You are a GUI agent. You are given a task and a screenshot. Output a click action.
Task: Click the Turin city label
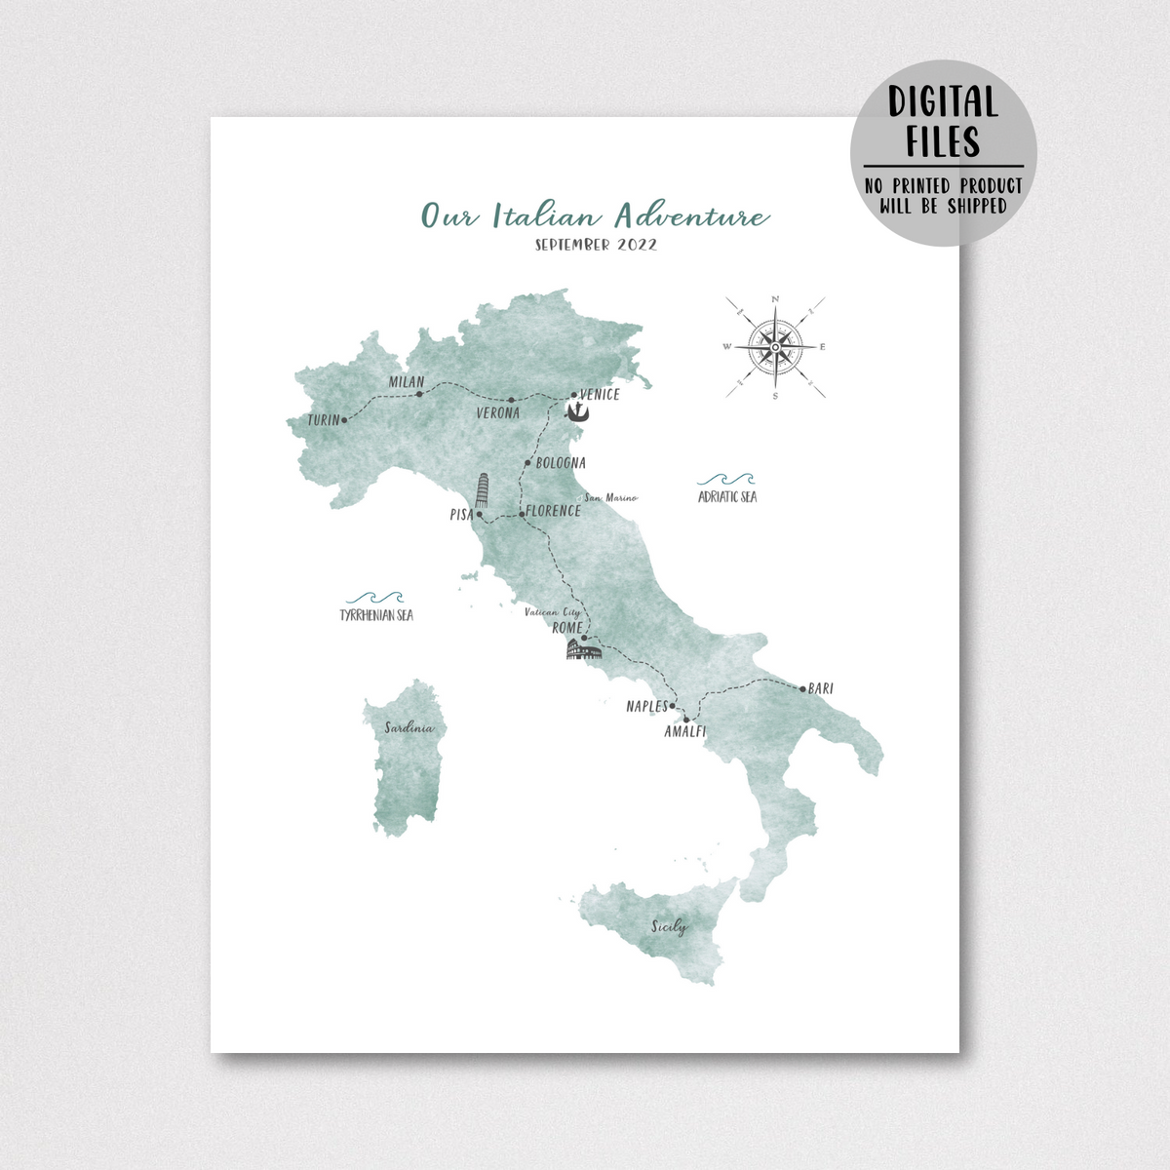tap(323, 420)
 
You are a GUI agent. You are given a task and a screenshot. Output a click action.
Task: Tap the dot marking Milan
tap(419, 395)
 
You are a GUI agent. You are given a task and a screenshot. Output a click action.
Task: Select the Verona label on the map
tap(497, 413)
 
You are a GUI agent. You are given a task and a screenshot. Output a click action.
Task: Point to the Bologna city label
tap(561, 463)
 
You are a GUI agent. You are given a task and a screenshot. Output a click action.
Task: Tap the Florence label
tap(554, 511)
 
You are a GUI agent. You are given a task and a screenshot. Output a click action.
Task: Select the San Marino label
tap(611, 498)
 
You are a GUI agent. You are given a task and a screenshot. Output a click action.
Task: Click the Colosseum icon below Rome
tap(584, 648)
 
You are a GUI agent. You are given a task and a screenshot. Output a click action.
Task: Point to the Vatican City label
tap(553, 612)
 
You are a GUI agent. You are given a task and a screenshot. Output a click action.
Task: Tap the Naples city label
tap(646, 707)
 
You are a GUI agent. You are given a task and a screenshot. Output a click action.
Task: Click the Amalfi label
tap(684, 731)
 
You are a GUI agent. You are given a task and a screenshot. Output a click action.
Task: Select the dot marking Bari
tap(802, 689)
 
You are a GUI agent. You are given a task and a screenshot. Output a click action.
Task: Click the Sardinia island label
tap(409, 728)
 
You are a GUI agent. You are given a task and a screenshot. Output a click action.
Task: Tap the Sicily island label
tap(669, 926)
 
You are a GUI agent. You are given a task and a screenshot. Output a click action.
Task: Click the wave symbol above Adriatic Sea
tap(726, 480)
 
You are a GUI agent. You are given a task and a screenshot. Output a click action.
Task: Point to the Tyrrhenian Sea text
tap(376, 615)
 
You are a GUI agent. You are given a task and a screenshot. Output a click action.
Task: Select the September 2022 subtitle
tap(596, 245)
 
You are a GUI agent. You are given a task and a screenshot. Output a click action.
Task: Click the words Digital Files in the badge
tap(942, 121)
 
